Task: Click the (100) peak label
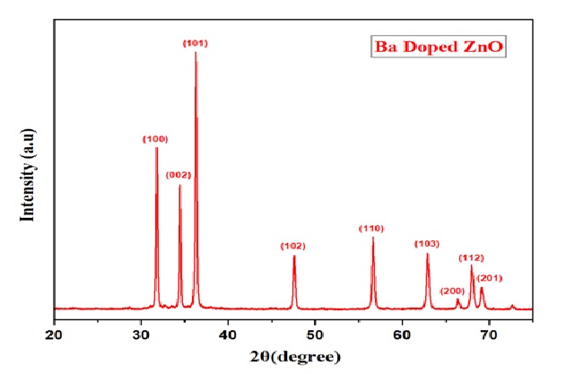[x=155, y=139]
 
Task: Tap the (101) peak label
[x=196, y=43]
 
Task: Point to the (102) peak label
[x=293, y=246]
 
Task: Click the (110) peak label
[x=371, y=228]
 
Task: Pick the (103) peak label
[x=427, y=244]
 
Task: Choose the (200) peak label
[x=454, y=291]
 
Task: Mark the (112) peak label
[x=472, y=257]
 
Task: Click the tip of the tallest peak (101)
[x=196, y=54]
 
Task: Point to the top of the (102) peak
[x=293, y=256]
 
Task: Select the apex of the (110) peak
[x=372, y=237]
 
